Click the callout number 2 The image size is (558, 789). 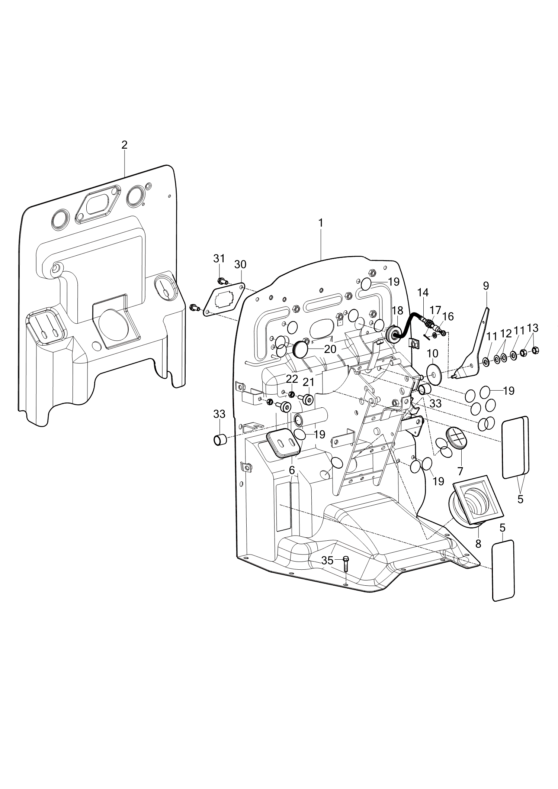(x=124, y=145)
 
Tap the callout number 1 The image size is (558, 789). (x=320, y=223)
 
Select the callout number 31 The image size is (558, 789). (x=219, y=258)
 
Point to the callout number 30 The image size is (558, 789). (x=240, y=265)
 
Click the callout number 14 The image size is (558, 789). (x=423, y=292)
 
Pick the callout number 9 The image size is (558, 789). (x=486, y=286)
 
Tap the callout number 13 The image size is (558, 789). (x=533, y=328)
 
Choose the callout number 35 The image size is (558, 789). (x=327, y=561)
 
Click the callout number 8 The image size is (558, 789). (x=478, y=544)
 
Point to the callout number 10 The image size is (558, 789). (x=433, y=353)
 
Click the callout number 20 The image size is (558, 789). (x=330, y=349)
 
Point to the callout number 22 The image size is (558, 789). (x=292, y=379)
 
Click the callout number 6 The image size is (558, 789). (x=292, y=470)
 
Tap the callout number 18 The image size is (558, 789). (x=397, y=310)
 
